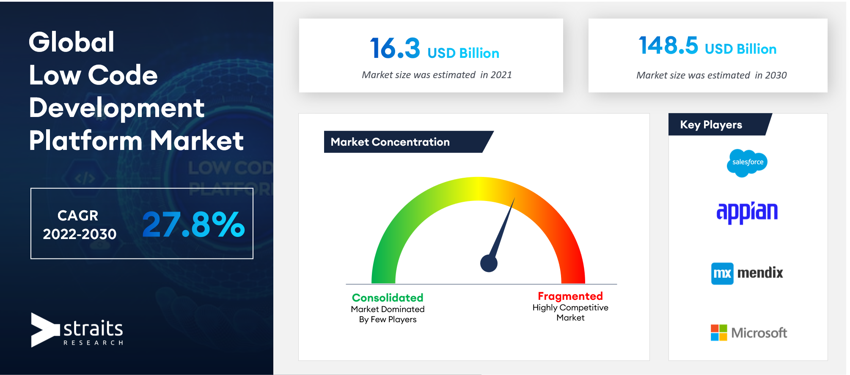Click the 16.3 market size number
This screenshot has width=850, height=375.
point(395,48)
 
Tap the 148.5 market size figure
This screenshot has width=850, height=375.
point(668,45)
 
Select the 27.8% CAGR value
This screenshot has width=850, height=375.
point(193,224)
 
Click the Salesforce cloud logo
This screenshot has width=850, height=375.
point(747,163)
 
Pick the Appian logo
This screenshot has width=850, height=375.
point(747,212)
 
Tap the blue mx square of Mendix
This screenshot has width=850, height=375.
point(722,274)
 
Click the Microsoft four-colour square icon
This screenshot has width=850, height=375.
point(719,333)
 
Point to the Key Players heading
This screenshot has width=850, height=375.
point(711,125)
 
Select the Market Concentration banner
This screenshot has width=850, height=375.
point(408,142)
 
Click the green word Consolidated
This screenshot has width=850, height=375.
point(388,298)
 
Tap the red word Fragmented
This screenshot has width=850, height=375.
point(570,296)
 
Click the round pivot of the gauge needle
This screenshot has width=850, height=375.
point(489,264)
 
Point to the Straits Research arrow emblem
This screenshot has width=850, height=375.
point(45,330)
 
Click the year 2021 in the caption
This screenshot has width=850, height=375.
point(501,75)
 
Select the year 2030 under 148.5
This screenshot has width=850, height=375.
point(776,75)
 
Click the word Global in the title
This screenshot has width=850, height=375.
point(72,42)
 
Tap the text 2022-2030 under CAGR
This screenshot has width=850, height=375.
point(80,234)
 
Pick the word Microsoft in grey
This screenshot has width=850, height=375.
point(759,333)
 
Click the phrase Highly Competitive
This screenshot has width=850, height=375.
point(570,308)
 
